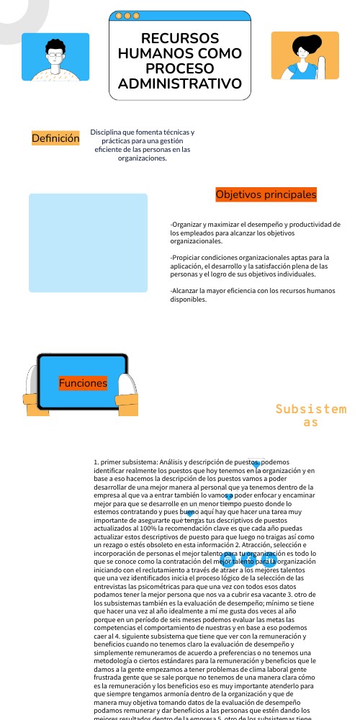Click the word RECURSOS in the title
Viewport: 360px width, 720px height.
tap(180, 38)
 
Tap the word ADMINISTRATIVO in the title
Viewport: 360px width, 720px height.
tap(180, 84)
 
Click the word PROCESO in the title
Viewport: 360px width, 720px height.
tap(180, 68)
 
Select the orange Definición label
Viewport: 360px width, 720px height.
tap(55, 138)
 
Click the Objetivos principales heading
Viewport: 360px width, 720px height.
tap(266, 194)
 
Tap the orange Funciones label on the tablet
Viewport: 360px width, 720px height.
tap(83, 383)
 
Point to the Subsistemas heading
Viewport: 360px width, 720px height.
tap(310, 415)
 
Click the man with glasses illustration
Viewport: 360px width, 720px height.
tap(55, 57)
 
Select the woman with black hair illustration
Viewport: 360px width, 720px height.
tap(305, 56)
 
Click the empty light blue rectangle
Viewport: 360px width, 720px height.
tap(88, 243)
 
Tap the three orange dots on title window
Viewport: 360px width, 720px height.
tap(127, 15)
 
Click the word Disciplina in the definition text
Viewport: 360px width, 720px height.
tap(105, 132)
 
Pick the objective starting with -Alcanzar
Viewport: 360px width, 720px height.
tap(252, 294)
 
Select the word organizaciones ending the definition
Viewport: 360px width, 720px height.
tap(142, 158)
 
